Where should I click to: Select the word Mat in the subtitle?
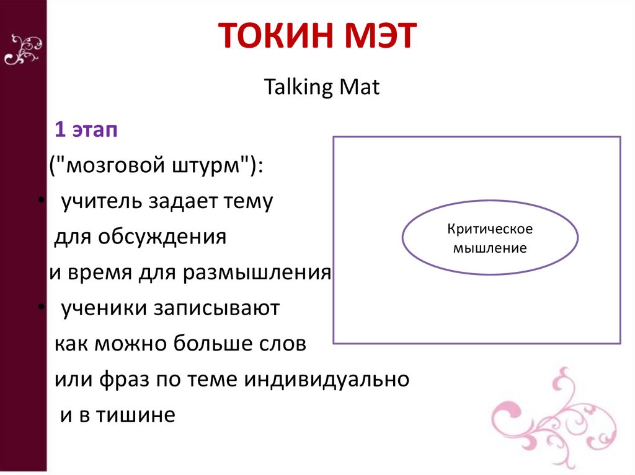coord(358,87)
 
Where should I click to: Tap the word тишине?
coord(133,414)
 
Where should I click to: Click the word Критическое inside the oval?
coord(490,229)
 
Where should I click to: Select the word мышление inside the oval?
coord(490,248)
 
